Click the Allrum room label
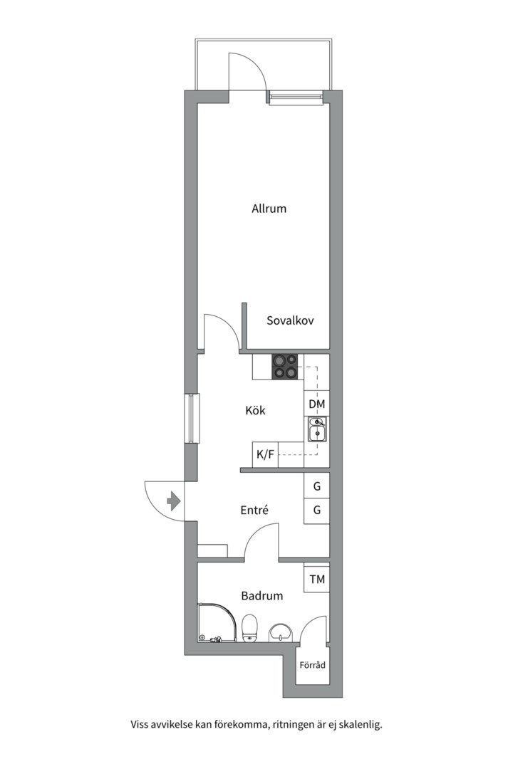[x=269, y=209]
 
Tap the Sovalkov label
[x=290, y=320]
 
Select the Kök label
[x=255, y=410]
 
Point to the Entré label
[x=254, y=510]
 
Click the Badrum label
[x=262, y=596]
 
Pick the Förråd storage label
[x=313, y=665]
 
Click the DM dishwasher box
[x=316, y=404]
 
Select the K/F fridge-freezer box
[x=265, y=454]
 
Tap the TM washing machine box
[x=317, y=579]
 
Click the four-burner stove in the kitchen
[x=285, y=367]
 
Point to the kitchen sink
[x=317, y=429]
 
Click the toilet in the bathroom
[x=250, y=628]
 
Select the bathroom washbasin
[x=281, y=632]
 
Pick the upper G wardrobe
[x=316, y=486]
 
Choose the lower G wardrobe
[x=316, y=511]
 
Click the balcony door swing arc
[x=254, y=65]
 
